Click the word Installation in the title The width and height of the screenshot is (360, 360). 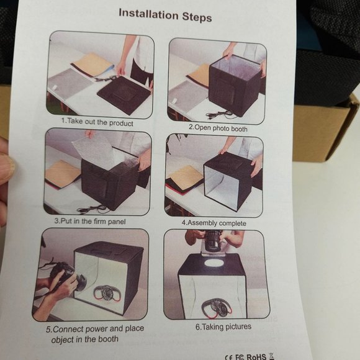point(148,14)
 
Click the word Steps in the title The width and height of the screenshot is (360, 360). point(197,17)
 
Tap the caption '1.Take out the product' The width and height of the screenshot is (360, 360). point(97,122)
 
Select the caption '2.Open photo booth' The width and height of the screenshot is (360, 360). point(218,128)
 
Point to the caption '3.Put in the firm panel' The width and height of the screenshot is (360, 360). point(90,222)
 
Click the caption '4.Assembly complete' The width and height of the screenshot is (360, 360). point(214,223)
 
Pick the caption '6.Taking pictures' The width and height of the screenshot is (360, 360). point(223,326)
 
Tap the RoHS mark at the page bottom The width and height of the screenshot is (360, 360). point(256,356)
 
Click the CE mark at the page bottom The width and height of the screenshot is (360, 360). point(229,358)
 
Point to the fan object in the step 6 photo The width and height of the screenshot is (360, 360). point(214,308)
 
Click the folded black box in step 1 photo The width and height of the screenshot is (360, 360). point(124,95)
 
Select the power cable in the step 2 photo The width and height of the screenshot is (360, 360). point(219,114)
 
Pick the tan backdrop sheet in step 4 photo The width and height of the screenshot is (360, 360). point(184,177)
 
